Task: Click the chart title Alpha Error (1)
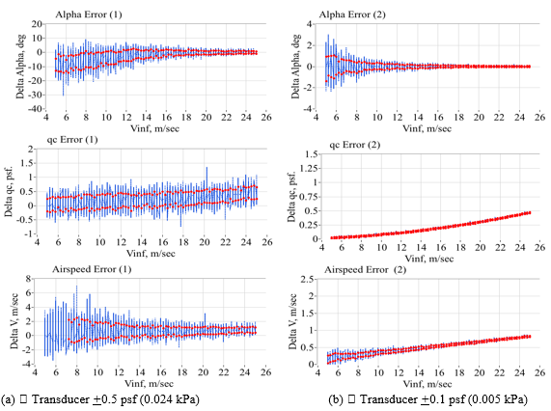point(88,14)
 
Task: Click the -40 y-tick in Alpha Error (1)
point(32,109)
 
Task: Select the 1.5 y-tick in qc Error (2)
point(306,153)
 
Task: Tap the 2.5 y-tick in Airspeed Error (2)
point(306,280)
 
